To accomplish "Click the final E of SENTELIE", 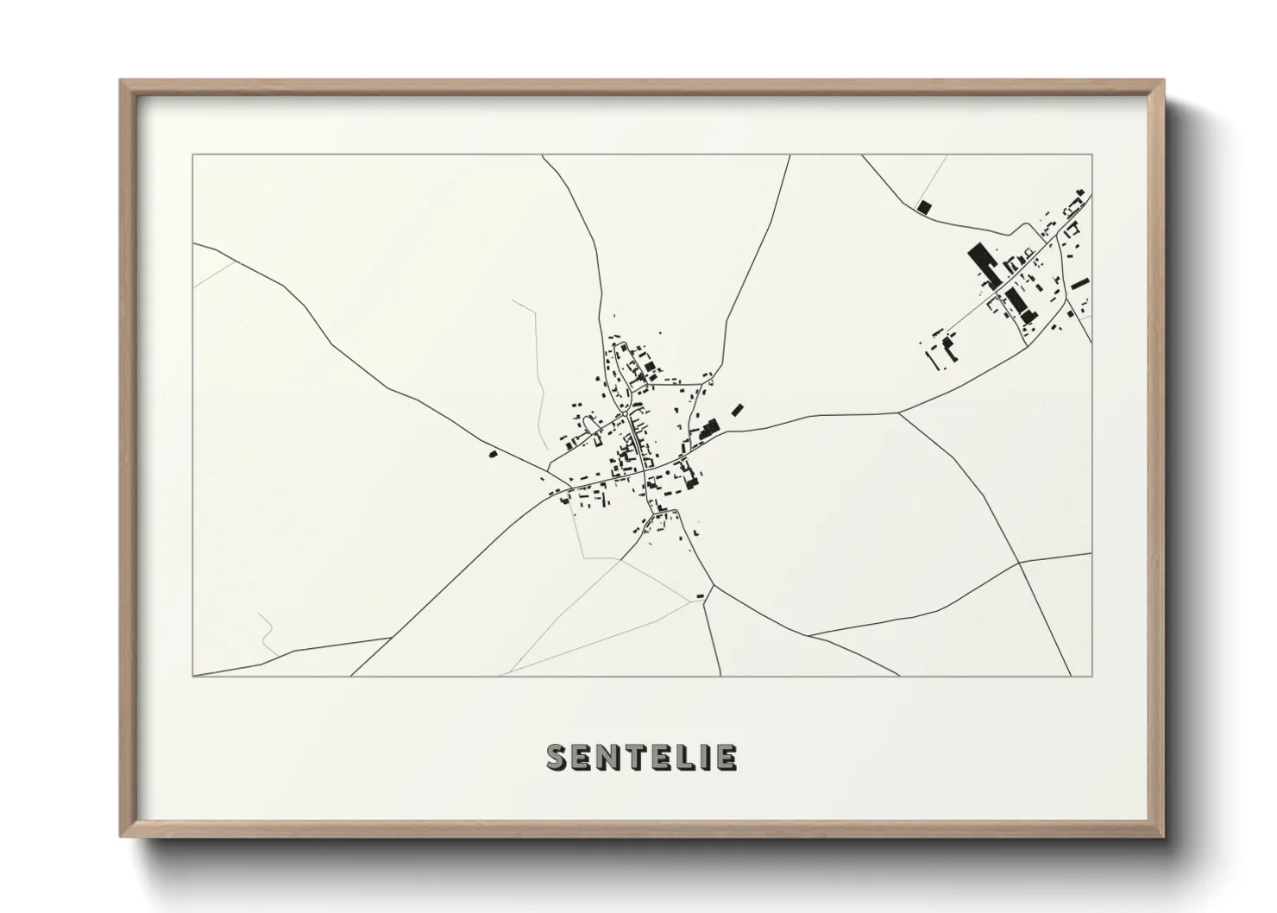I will (x=727, y=758).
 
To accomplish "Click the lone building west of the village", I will (x=494, y=453).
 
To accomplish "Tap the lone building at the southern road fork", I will (x=700, y=595).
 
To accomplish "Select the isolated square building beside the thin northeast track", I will (x=924, y=207).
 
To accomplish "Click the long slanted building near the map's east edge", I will (x=1080, y=282).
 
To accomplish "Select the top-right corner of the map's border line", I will (x=1091, y=155).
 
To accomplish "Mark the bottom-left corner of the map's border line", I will (x=193, y=676).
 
